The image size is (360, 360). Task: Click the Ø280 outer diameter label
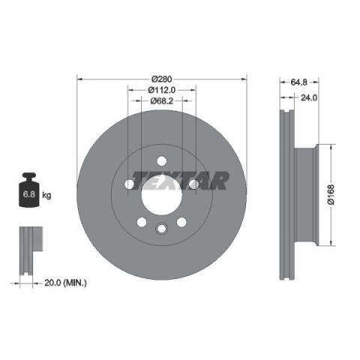coord(162,79)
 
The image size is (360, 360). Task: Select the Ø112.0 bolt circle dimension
coord(162,90)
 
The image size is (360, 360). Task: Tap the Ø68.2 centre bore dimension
coord(162,100)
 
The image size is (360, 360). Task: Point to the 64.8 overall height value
coord(298,82)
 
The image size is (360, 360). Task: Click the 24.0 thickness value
coord(309,97)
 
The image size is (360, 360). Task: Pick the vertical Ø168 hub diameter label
coord(331,195)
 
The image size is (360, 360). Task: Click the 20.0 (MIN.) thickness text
coord(65,283)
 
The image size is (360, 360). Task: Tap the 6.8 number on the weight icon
coord(29,194)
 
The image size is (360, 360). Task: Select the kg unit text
coord(46,195)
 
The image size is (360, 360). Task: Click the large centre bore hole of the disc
coord(161,194)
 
